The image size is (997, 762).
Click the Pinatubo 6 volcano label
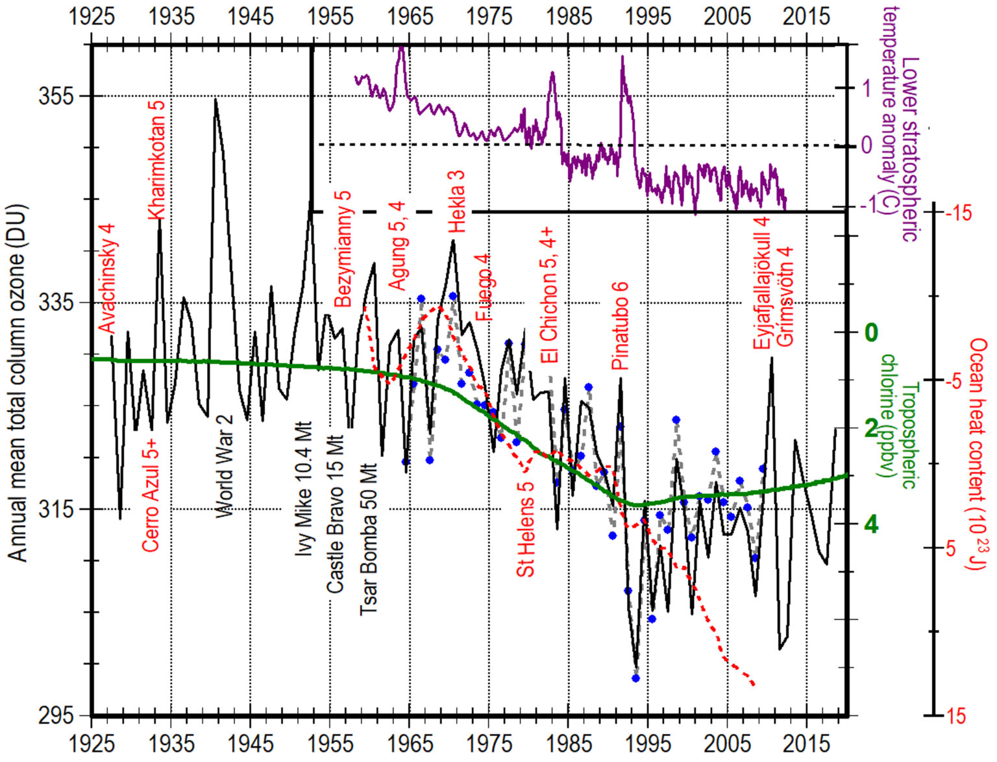pos(621,326)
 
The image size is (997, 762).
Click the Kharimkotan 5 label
pos(157,160)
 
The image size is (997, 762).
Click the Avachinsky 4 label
pos(107,278)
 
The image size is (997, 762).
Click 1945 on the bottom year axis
pos(251,744)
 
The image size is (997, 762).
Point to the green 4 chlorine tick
pos(870,524)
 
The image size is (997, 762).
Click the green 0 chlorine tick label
pos(870,333)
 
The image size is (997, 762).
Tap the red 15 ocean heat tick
pos(956,715)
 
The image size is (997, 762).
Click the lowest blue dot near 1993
pos(635,678)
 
